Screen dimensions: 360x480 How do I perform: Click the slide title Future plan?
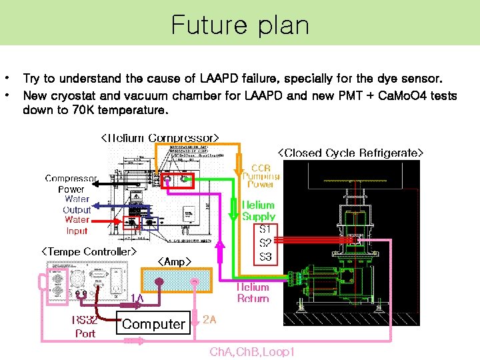click(x=240, y=25)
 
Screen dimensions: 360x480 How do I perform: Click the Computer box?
click(x=153, y=324)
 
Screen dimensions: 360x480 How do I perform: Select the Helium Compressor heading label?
click(x=159, y=139)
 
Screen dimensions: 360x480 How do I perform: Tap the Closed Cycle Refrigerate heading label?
click(x=350, y=153)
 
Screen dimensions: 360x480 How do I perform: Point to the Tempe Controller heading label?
click(x=89, y=251)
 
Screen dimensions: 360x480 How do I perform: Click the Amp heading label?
click(x=174, y=261)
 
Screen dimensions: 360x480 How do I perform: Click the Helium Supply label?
click(x=259, y=211)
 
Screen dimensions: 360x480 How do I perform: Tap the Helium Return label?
click(x=253, y=293)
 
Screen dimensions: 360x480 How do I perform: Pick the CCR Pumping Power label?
click(x=261, y=177)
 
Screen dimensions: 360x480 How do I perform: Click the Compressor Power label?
click(x=71, y=183)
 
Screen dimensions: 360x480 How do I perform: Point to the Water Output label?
click(x=77, y=204)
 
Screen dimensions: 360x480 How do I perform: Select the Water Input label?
click(x=77, y=225)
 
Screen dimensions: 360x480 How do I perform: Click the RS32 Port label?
click(x=85, y=327)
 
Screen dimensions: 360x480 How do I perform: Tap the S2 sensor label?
click(x=265, y=243)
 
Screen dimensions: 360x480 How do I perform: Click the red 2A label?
click(x=209, y=319)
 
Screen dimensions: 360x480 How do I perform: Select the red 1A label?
click(x=137, y=298)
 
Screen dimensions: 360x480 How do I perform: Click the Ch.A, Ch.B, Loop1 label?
click(x=251, y=351)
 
